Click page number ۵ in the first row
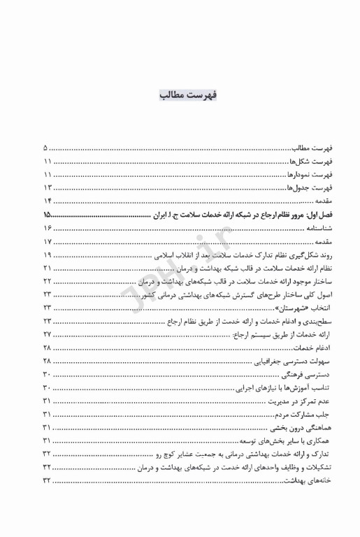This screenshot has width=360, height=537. (x=45, y=148)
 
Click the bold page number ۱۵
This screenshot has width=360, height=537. (x=48, y=215)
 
